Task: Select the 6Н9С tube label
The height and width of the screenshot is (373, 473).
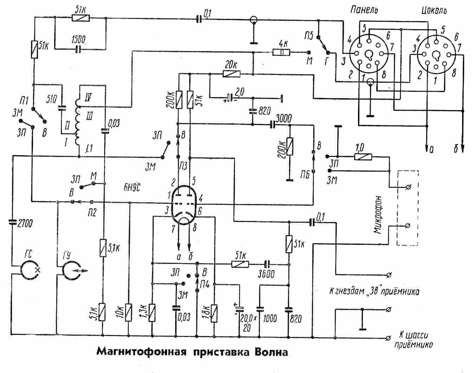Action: (132, 186)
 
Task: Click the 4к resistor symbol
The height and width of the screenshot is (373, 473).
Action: (281, 53)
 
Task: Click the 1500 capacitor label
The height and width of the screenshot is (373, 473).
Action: (78, 39)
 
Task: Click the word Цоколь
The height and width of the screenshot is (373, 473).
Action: (434, 10)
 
